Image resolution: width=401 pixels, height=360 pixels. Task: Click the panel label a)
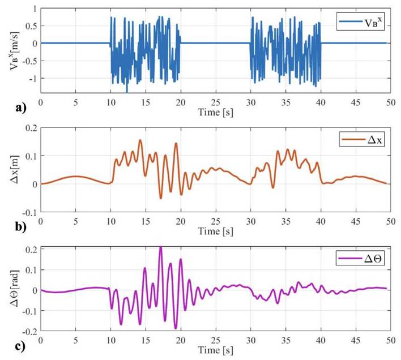[11, 106]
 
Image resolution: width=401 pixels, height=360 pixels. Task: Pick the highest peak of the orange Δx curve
[139, 140]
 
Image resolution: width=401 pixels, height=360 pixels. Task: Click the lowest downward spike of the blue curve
[127, 91]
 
